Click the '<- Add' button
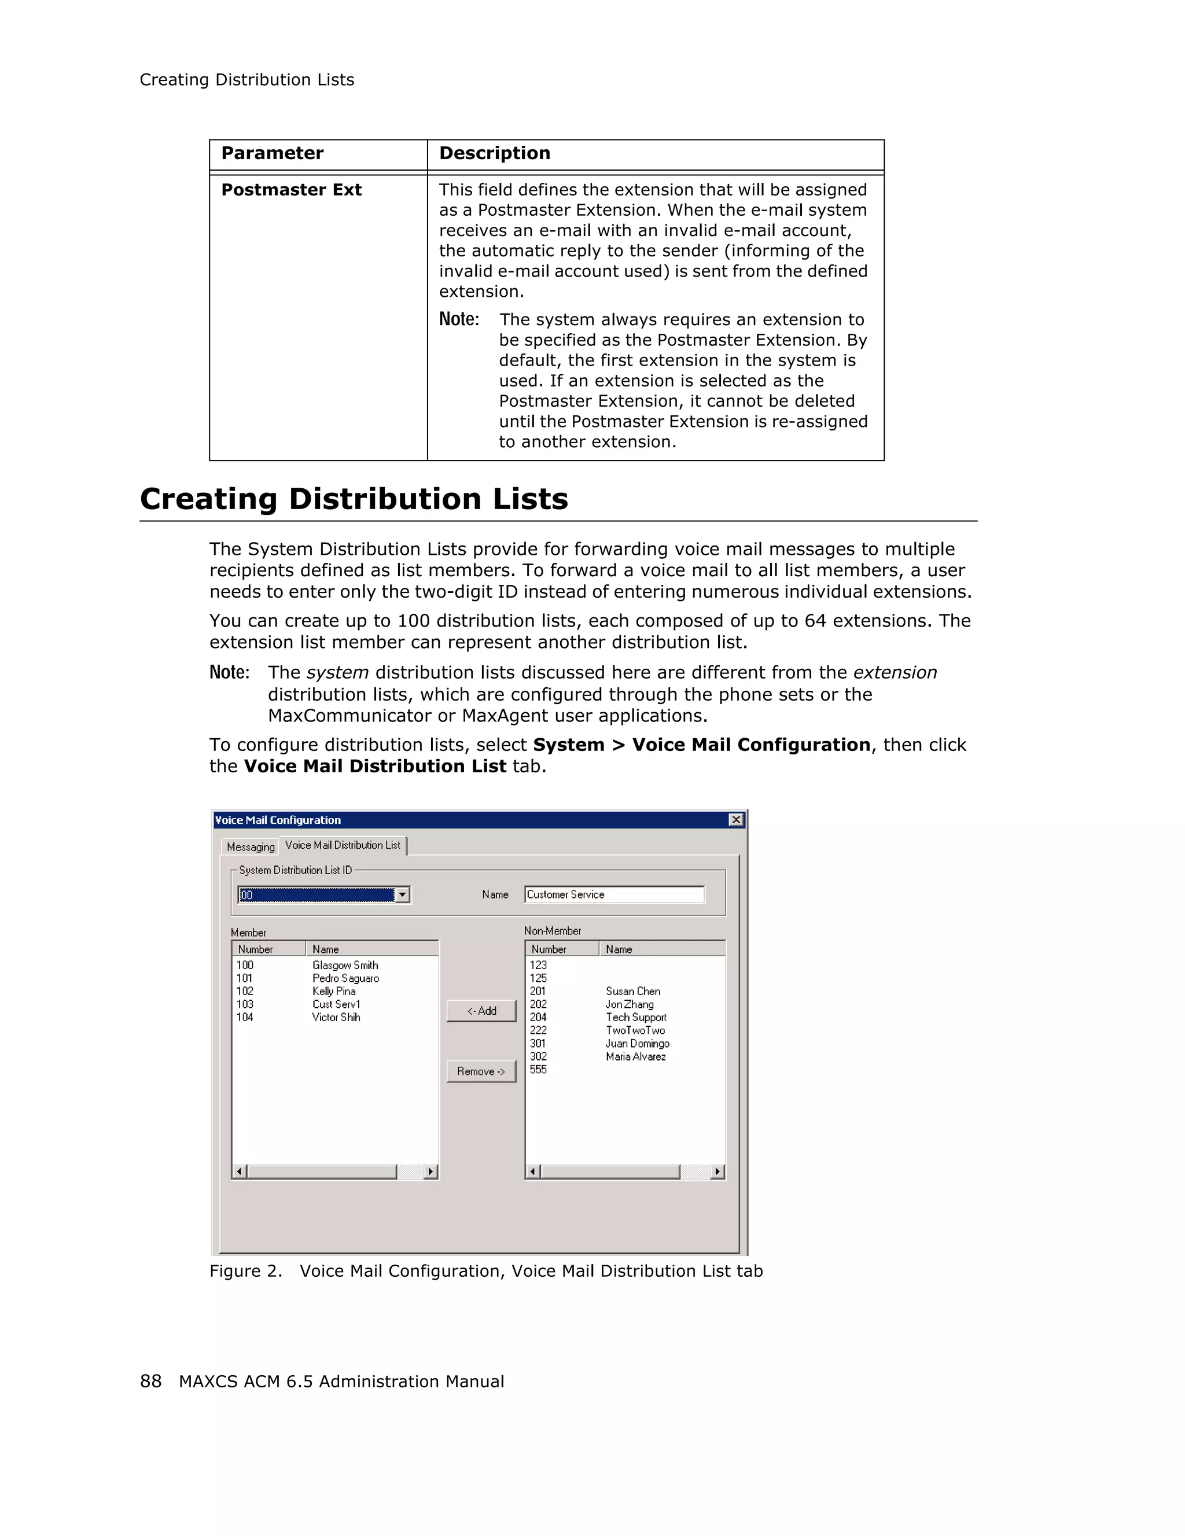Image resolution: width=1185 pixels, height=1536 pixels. [481, 1011]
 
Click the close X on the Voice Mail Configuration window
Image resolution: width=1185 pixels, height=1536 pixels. [735, 819]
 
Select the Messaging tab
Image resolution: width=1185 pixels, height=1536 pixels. [251, 847]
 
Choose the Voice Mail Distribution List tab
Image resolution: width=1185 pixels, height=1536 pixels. [343, 845]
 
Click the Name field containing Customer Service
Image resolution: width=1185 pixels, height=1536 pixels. [613, 894]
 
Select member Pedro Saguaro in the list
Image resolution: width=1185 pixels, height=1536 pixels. [345, 978]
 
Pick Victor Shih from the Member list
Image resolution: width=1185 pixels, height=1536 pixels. [336, 1017]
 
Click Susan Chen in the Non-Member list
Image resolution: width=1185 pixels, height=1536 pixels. [633, 991]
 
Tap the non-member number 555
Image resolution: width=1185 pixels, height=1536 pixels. [538, 1070]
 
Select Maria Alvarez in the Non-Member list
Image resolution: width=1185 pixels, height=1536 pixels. [636, 1056]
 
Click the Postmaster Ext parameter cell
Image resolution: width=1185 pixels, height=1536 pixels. [291, 190]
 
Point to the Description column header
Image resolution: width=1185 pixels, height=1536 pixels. [494, 153]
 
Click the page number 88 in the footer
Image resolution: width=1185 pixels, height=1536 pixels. [150, 1382]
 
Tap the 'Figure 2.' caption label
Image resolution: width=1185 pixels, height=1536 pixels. [245, 1271]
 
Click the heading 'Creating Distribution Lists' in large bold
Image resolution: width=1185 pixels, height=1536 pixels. [354, 499]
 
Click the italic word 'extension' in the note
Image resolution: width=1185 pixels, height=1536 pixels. [895, 672]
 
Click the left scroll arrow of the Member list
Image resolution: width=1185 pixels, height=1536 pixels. [239, 1172]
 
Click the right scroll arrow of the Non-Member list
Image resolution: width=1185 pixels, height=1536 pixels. [717, 1172]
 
